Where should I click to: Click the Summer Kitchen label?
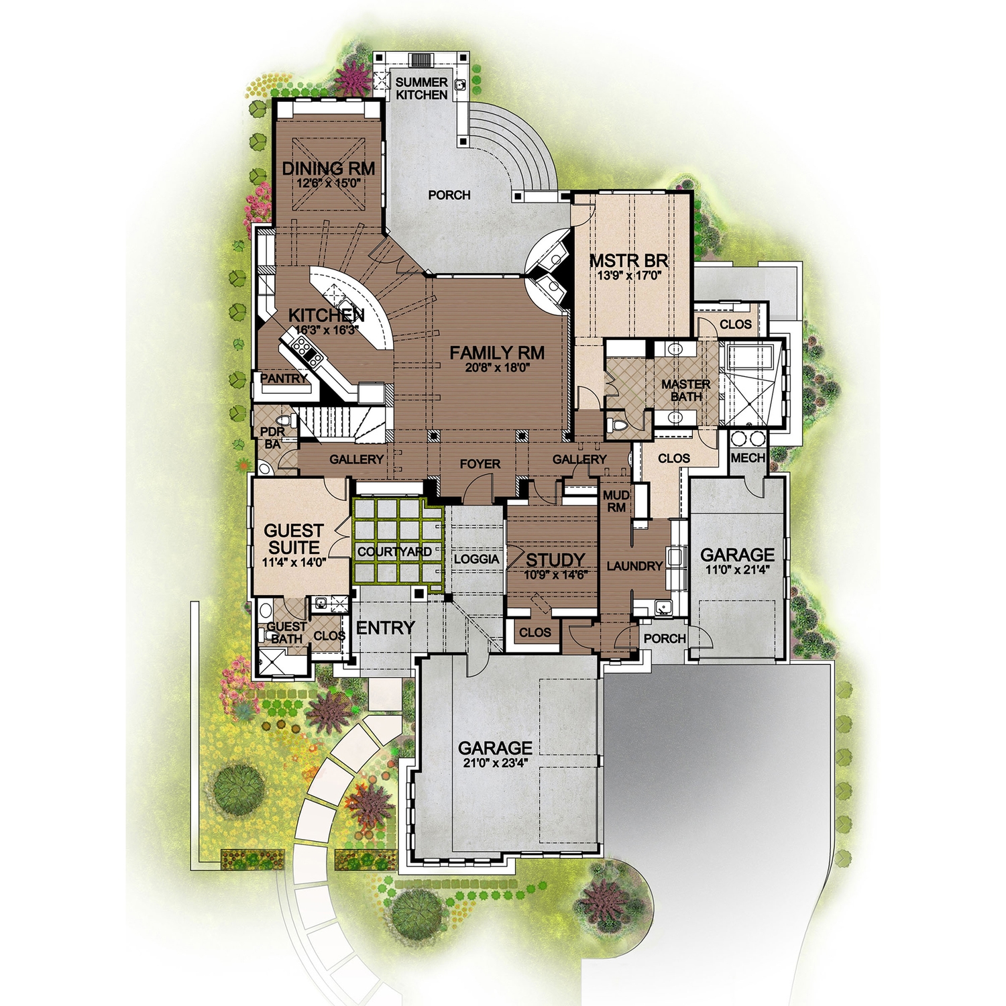coord(421,89)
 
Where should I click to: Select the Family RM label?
coord(497,353)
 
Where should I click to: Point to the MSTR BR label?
coord(628,260)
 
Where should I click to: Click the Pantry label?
coord(284,379)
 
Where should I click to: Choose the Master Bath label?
coord(685,390)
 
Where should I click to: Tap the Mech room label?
coord(748,458)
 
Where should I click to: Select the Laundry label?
coord(634,566)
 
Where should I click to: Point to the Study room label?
coord(555,560)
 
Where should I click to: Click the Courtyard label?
coord(394,552)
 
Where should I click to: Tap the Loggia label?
coord(476,559)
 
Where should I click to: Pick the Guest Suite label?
coord(294,539)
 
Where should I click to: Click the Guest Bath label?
coord(286,632)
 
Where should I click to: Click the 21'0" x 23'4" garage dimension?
coord(495,762)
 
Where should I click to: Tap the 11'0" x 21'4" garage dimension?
coord(737,569)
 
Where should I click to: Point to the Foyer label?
coord(480,464)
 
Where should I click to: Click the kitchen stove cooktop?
coord(300,347)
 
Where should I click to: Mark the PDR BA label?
coord(272,437)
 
